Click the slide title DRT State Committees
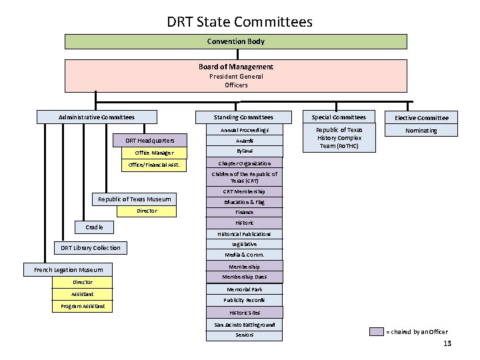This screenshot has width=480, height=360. pyautogui.click(x=239, y=22)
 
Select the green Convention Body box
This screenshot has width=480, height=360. pyautogui.click(x=235, y=41)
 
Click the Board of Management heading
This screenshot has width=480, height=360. pyautogui.click(x=235, y=67)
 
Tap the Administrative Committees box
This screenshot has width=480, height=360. pyautogui.click(x=97, y=117)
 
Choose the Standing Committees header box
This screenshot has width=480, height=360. pyautogui.click(x=243, y=117)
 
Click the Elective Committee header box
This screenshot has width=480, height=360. pyautogui.click(x=421, y=118)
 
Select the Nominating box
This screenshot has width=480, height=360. pyautogui.click(x=421, y=131)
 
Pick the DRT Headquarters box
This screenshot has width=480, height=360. pyautogui.click(x=150, y=141)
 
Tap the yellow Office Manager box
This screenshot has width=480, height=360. pyautogui.click(x=154, y=153)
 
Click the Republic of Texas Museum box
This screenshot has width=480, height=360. pyautogui.click(x=134, y=199)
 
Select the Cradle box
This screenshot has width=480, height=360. pyautogui.click(x=94, y=227)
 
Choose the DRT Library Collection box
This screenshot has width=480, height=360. pyautogui.click(x=91, y=248)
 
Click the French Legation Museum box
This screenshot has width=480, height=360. pyautogui.click(x=64, y=270)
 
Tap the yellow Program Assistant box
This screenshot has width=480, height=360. pyautogui.click(x=83, y=307)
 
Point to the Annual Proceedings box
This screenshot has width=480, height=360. pyautogui.click(x=243, y=130)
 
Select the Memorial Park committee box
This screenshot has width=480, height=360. pyautogui.click(x=244, y=289)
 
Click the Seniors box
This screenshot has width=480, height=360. pyautogui.click(x=244, y=335)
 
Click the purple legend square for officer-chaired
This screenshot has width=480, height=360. pyautogui.click(x=377, y=332)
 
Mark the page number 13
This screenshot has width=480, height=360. pyautogui.click(x=447, y=343)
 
